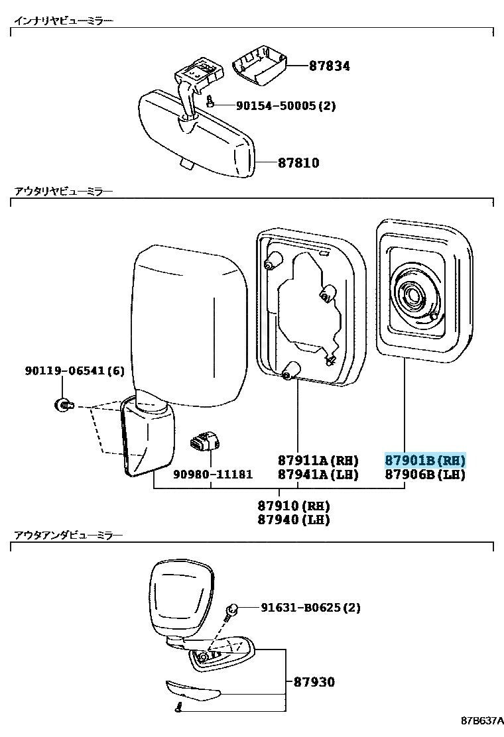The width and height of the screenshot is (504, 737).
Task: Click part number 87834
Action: [329, 66]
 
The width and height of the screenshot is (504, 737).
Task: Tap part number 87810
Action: [298, 163]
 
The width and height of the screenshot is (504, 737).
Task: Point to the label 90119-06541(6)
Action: [75, 371]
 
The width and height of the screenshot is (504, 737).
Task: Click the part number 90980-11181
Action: [213, 475]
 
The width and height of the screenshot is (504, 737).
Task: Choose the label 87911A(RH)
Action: [318, 460]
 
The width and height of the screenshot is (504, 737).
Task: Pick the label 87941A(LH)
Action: [318, 475]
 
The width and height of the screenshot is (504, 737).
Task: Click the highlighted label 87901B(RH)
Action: [425, 460]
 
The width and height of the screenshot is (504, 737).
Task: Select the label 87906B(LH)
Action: [425, 475]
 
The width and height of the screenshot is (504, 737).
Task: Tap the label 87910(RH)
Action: [293, 506]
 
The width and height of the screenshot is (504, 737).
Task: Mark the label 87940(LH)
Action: [293, 520]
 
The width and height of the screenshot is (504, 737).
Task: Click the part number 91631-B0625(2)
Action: [311, 608]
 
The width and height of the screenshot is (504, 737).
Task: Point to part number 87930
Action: [314, 682]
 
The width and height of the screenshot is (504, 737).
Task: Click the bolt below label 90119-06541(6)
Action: [63, 403]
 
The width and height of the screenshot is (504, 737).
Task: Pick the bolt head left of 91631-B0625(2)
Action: [232, 610]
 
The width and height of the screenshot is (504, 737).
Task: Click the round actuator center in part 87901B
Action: [414, 297]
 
